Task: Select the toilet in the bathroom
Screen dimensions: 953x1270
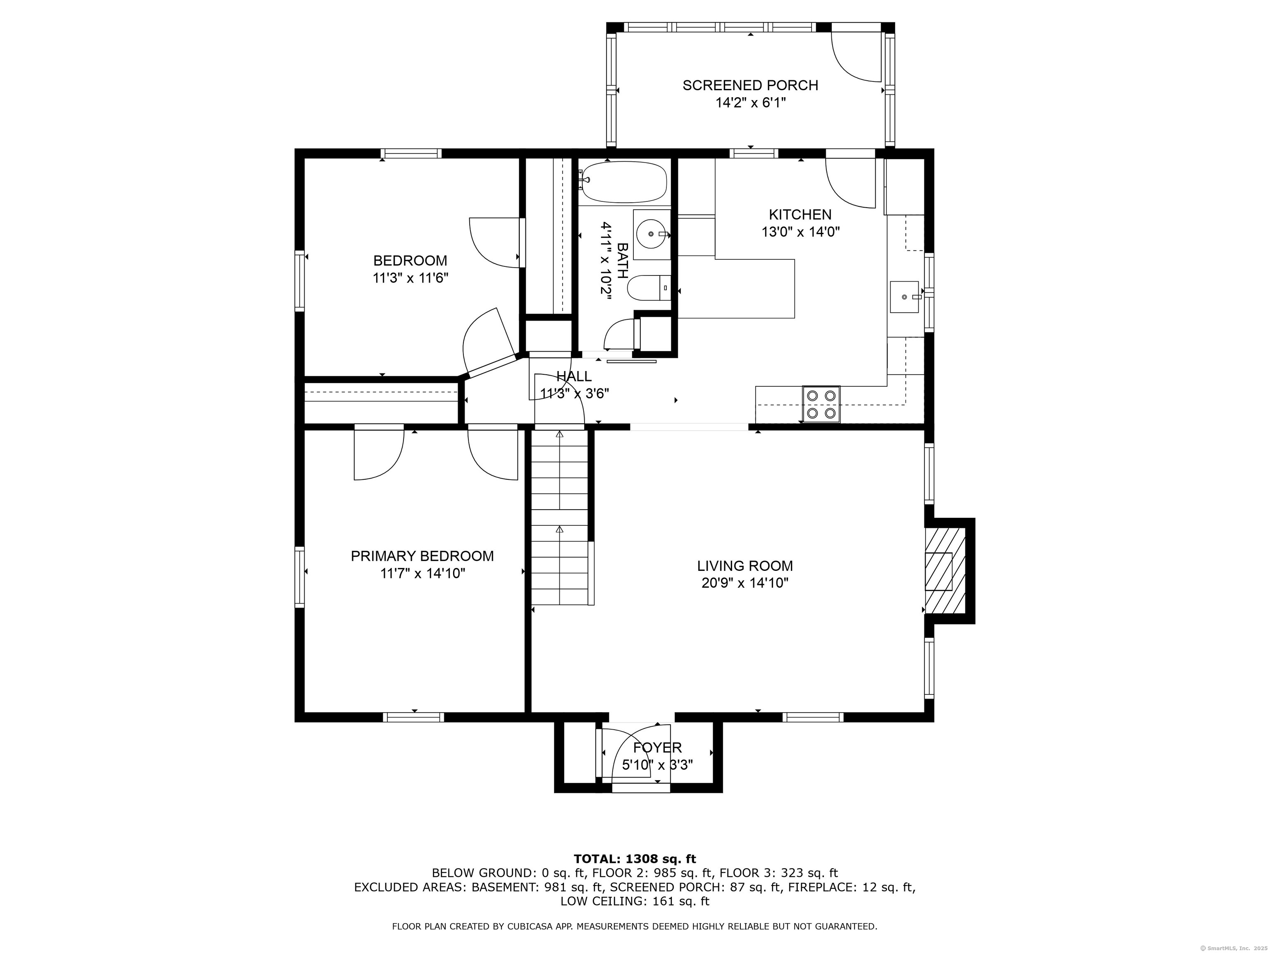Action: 648,288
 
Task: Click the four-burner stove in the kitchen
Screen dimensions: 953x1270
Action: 821,404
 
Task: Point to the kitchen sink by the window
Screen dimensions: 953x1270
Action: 904,297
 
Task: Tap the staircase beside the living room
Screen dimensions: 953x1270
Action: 560,517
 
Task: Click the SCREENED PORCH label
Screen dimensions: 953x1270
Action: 750,85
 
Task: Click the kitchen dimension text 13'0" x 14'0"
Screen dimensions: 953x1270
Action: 800,232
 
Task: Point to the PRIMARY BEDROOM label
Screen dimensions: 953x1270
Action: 422,556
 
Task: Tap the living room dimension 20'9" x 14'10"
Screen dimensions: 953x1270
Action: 745,583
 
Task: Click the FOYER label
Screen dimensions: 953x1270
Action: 657,747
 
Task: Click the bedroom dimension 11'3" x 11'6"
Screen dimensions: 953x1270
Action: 410,278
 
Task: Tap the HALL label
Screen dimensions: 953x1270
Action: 574,376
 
